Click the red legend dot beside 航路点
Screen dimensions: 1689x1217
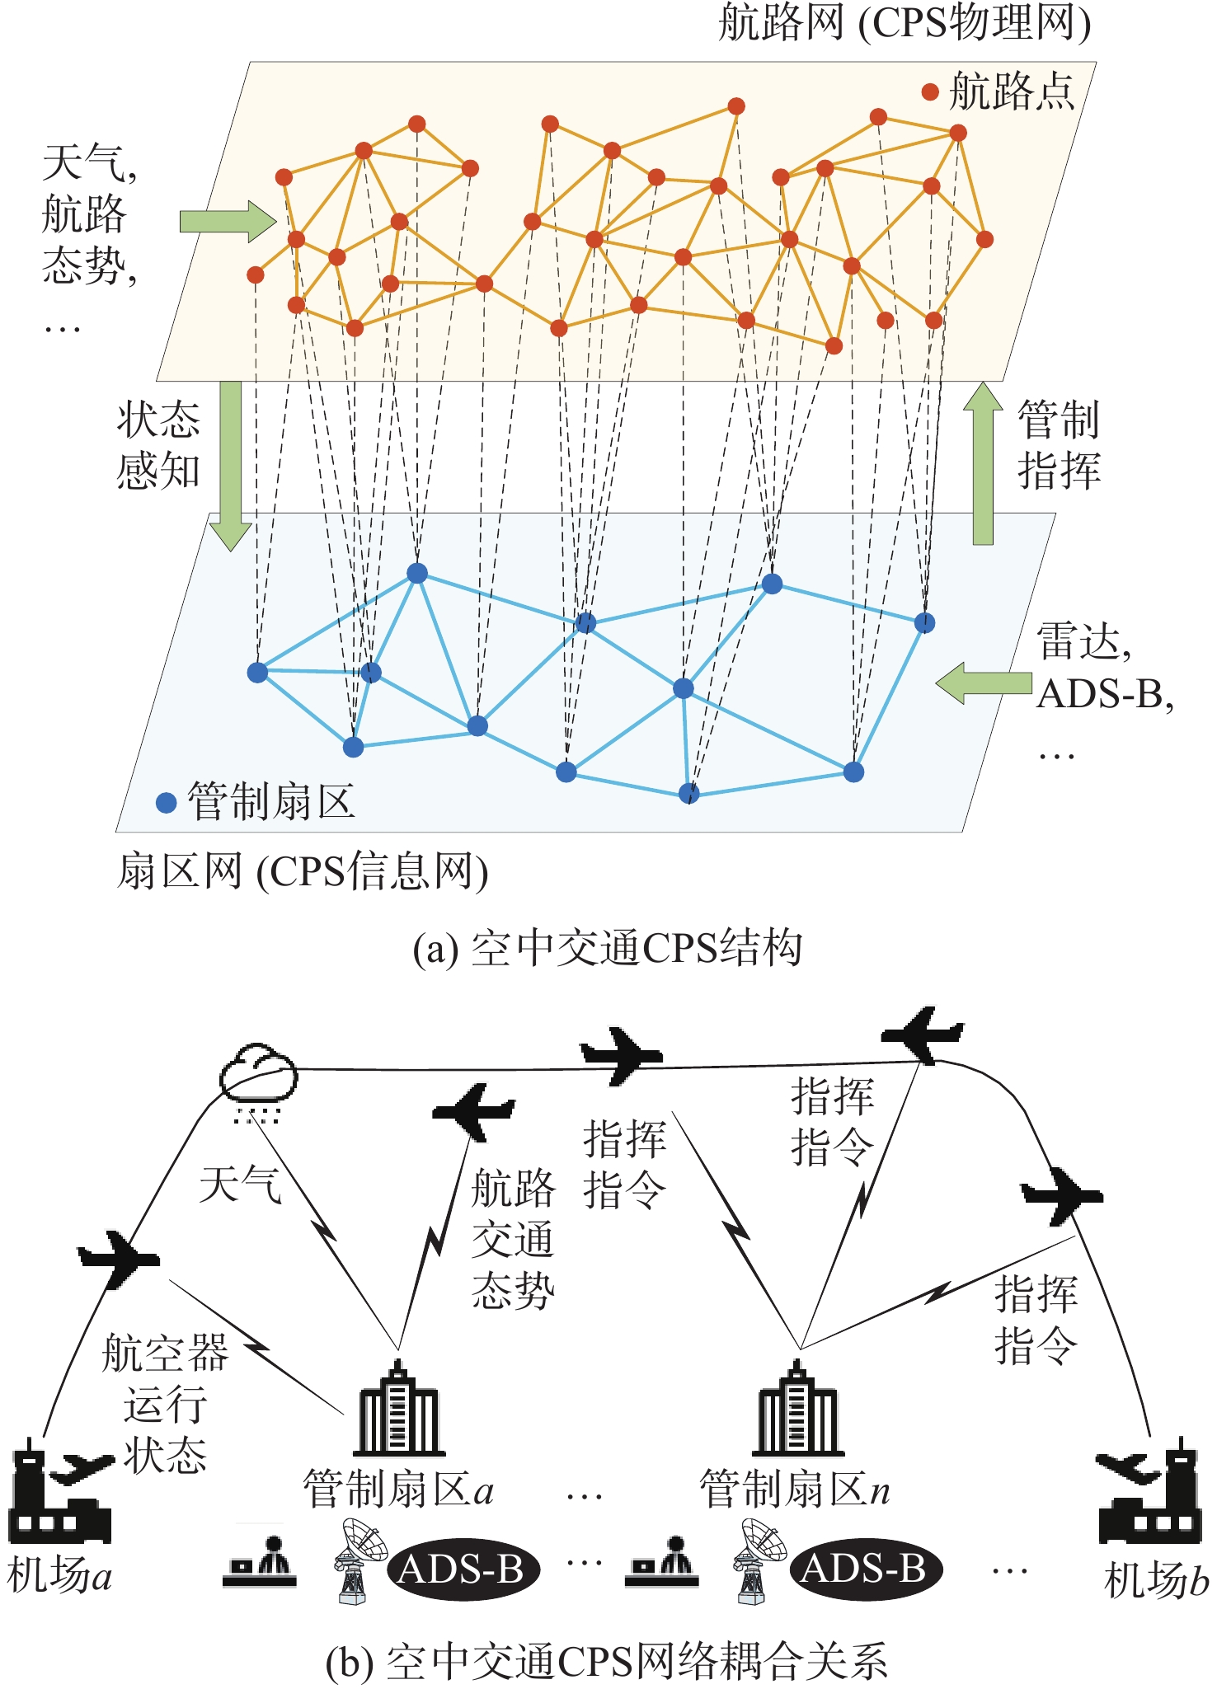(x=930, y=91)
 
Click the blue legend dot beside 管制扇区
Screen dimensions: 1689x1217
(x=167, y=803)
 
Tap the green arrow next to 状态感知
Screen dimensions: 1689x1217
(x=230, y=465)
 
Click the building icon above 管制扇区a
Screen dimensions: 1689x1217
(x=399, y=1410)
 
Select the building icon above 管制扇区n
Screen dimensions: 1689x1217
(x=797, y=1410)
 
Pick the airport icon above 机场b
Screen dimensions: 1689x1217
(x=1149, y=1493)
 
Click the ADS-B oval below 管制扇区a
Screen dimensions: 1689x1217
(x=462, y=1569)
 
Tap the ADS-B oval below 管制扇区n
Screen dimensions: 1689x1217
(x=864, y=1569)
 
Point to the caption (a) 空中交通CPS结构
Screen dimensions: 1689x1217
(x=608, y=948)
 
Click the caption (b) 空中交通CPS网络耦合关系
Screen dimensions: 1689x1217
(x=608, y=1661)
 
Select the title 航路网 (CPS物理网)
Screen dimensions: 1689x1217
(x=905, y=23)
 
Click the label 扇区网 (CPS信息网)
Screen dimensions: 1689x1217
(x=303, y=872)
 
